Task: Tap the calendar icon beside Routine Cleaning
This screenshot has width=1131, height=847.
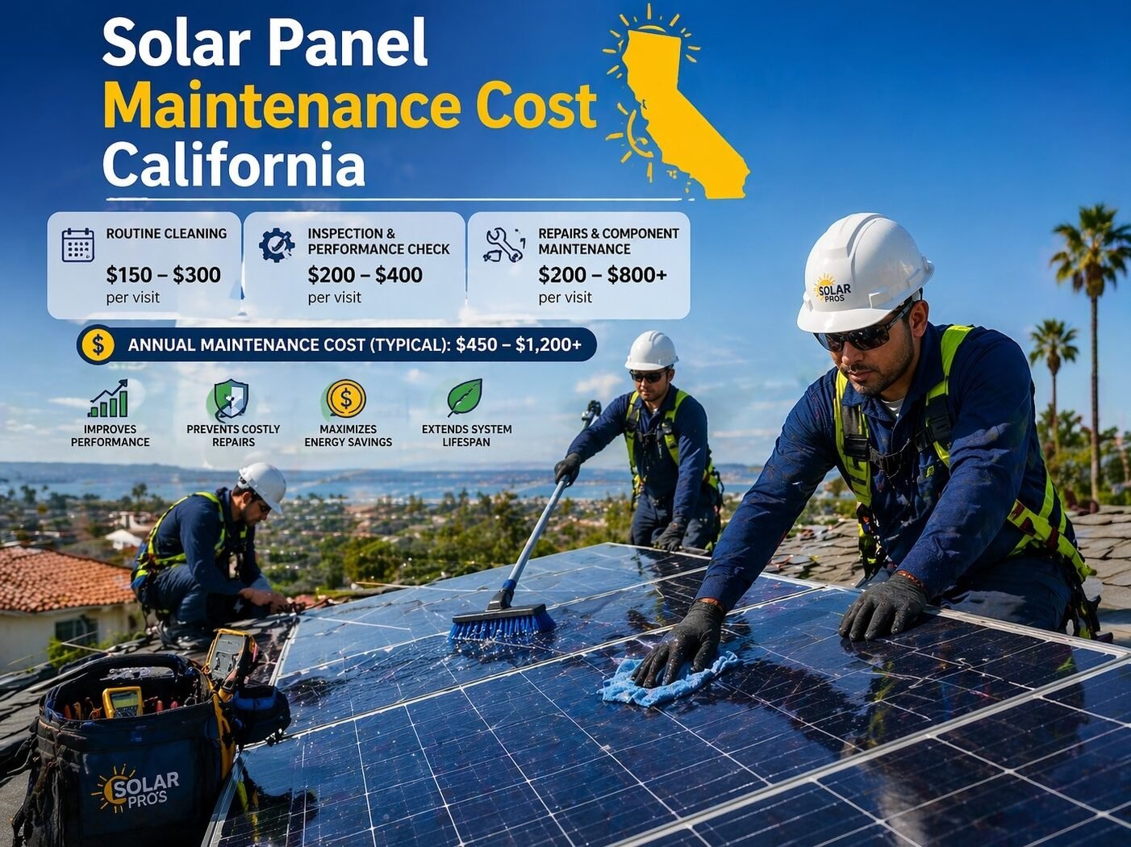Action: (78, 245)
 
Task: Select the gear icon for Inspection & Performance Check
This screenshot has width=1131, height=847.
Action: (277, 245)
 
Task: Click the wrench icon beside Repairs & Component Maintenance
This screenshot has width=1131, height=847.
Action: (504, 245)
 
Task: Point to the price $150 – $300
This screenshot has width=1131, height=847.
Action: (163, 275)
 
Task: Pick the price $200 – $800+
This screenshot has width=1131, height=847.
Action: (602, 275)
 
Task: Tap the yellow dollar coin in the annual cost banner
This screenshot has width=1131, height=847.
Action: (98, 345)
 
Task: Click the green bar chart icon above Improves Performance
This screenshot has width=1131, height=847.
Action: (109, 398)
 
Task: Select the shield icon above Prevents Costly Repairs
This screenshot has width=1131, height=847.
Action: (232, 399)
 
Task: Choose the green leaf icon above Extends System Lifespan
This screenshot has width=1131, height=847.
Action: (465, 398)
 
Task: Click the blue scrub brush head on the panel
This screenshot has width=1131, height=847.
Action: (503, 623)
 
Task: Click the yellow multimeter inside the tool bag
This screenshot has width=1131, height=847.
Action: (123, 701)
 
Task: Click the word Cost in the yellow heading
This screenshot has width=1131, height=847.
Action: (536, 106)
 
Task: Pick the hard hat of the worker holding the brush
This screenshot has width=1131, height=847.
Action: (651, 350)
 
